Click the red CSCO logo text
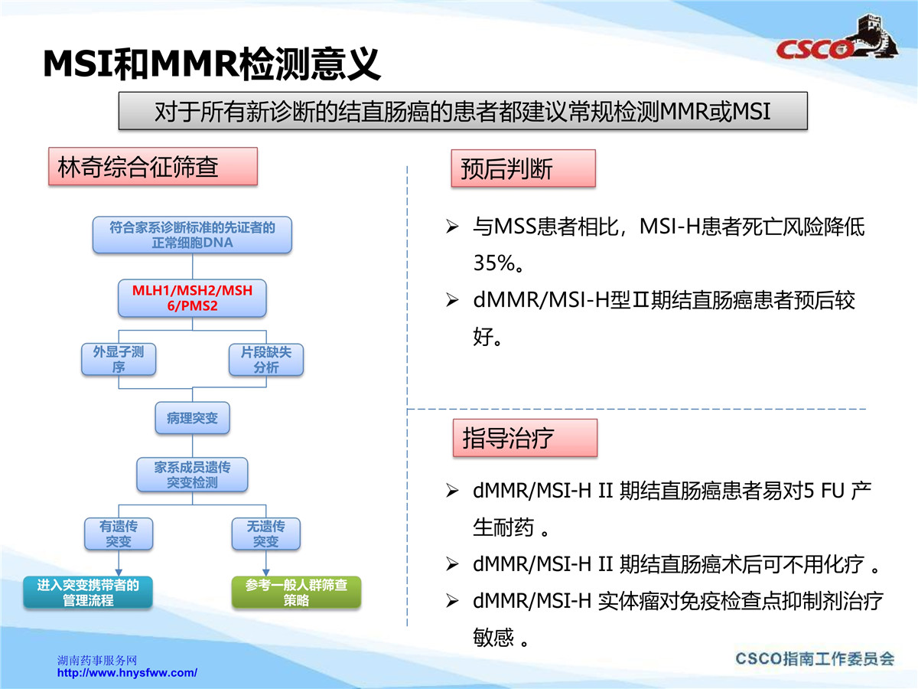(x=813, y=50)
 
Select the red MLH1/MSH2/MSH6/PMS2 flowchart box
(x=192, y=298)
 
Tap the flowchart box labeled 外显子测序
(x=119, y=359)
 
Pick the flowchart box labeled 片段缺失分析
(x=266, y=359)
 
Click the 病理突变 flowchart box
(x=192, y=418)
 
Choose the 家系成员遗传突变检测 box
(x=192, y=475)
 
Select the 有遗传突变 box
(x=119, y=534)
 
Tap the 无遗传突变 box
(x=266, y=534)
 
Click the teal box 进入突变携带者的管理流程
(x=88, y=592)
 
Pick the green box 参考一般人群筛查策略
(x=297, y=592)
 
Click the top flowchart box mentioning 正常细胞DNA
(x=192, y=235)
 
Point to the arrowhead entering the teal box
(x=119, y=573)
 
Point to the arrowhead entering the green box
(x=266, y=573)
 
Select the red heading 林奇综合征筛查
(x=153, y=166)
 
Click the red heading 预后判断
(x=523, y=168)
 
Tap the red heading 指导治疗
(x=526, y=438)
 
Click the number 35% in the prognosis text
(x=494, y=263)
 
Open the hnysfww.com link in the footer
(x=127, y=673)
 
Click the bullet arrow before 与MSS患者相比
(x=452, y=227)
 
